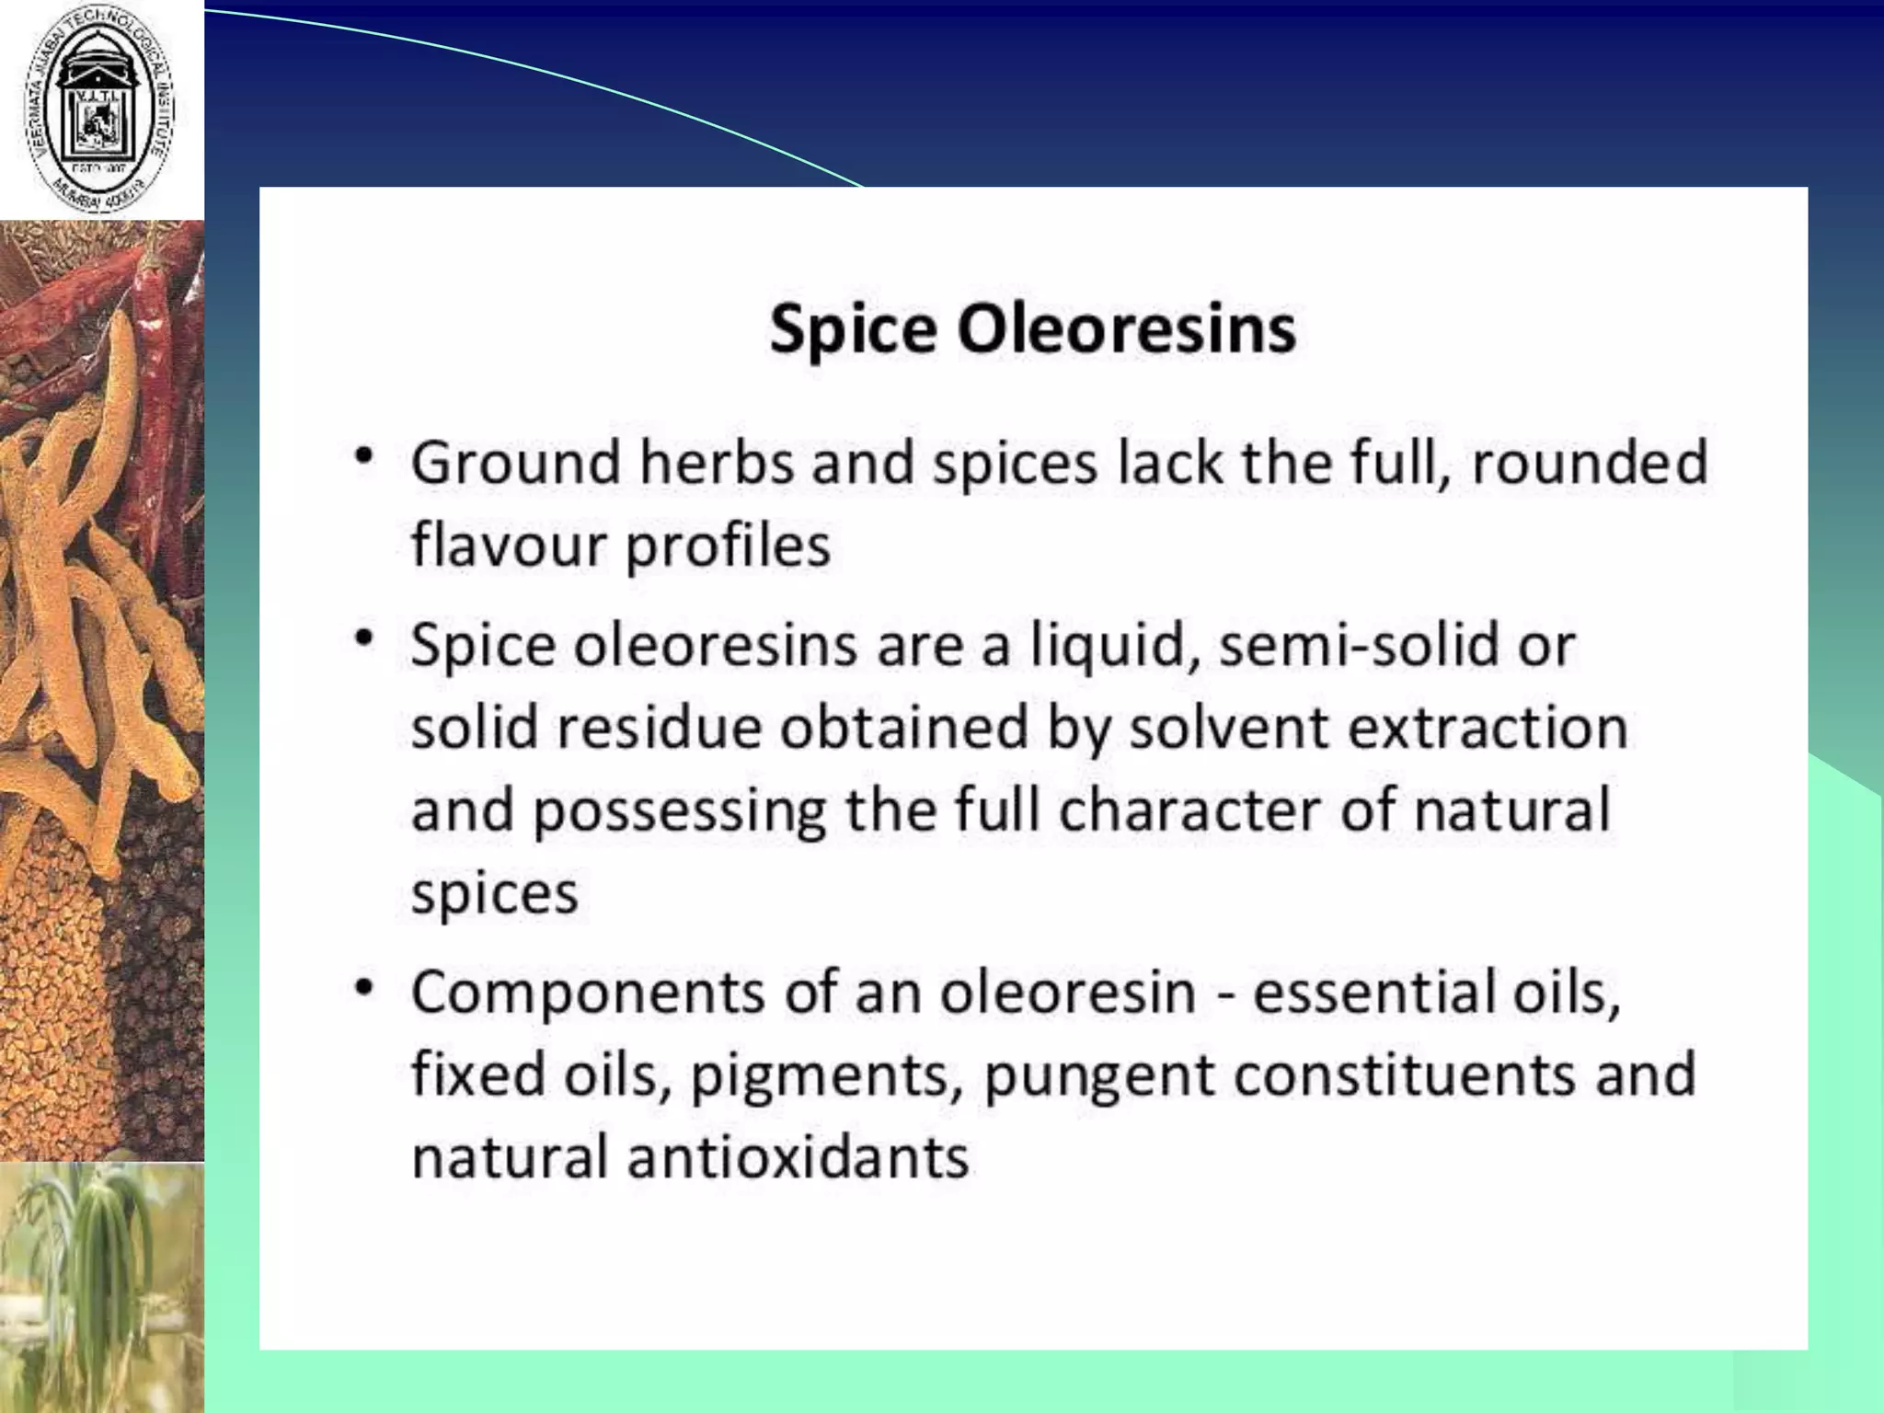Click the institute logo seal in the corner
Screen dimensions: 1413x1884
coord(101,109)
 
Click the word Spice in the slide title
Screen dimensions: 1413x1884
coord(853,329)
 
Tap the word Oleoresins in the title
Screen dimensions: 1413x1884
coord(1126,329)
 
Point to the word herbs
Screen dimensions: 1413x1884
coord(717,462)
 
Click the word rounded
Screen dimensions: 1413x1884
coord(1589,462)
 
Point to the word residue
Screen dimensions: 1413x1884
coord(660,728)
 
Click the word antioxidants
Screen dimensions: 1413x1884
coord(798,1157)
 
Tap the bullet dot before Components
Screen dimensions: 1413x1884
coord(365,988)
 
